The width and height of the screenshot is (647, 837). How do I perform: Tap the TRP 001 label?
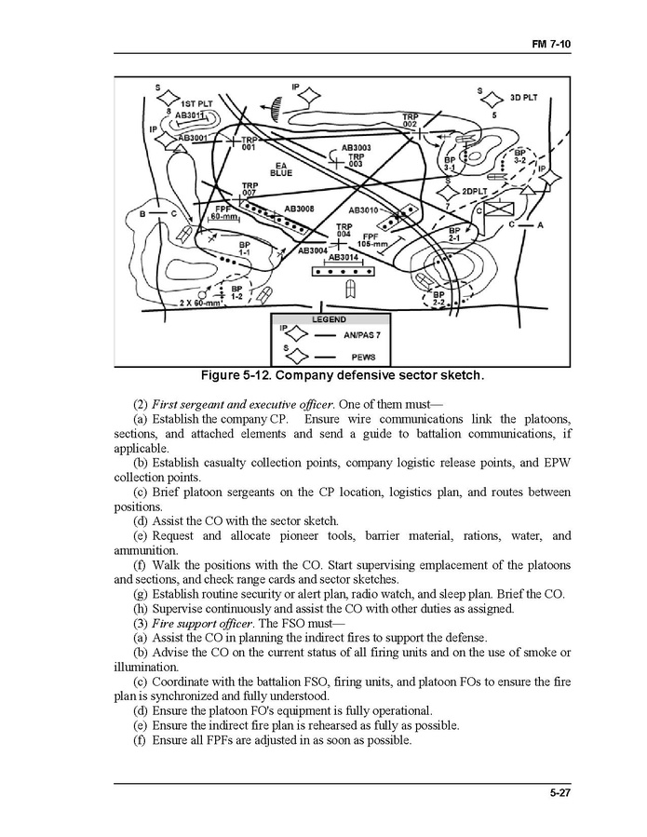pos(249,144)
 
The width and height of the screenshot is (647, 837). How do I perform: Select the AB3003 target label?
pos(356,147)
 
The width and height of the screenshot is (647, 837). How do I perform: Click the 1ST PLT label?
pos(195,102)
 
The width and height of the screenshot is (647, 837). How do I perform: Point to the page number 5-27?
pos(561,793)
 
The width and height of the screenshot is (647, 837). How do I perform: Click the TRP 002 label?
pos(410,120)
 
